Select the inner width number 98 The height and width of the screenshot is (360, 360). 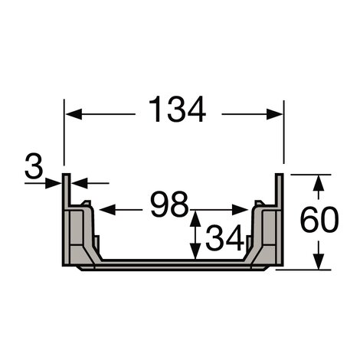click(x=169, y=205)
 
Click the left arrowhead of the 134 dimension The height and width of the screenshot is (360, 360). click(x=69, y=113)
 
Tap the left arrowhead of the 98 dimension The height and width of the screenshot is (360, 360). click(x=105, y=208)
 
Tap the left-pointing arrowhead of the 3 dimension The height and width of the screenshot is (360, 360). click(x=77, y=182)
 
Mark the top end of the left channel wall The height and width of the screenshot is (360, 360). click(x=67, y=177)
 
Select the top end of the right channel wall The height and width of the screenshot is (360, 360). click(x=280, y=177)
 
